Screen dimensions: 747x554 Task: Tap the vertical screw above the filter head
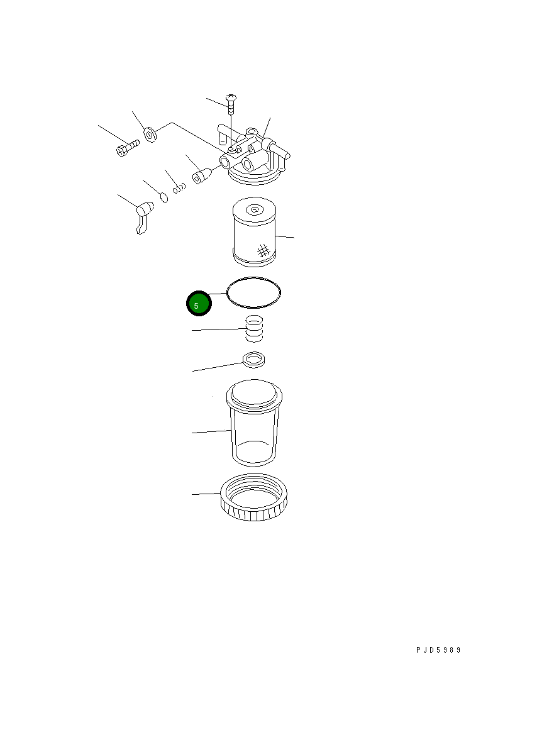click(231, 105)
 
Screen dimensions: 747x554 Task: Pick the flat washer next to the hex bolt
click(150, 135)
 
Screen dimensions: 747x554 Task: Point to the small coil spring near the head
click(180, 186)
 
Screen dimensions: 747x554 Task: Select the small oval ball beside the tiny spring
click(164, 197)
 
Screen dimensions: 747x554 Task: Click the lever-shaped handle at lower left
click(143, 216)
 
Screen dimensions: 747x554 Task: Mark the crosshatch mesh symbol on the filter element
click(263, 251)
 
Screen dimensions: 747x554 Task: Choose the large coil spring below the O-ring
click(253, 329)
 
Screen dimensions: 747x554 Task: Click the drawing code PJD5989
click(438, 650)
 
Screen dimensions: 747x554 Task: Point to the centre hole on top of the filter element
click(255, 210)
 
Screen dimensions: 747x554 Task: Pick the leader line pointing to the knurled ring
click(205, 494)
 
